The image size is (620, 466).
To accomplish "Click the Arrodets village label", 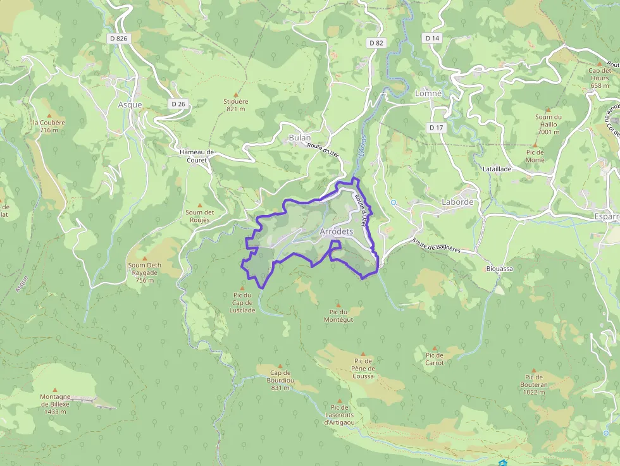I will pyautogui.click(x=336, y=232).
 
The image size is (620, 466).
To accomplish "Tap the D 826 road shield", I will pyautogui.click(x=118, y=39).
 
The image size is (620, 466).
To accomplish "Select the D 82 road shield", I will pyautogui.click(x=376, y=43).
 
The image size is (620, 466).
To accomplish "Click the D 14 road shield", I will pyautogui.click(x=432, y=39).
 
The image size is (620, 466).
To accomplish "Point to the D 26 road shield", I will pyautogui.click(x=178, y=104).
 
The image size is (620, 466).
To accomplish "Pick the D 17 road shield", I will pyautogui.click(x=436, y=128).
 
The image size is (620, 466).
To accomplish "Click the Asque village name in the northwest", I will pyautogui.click(x=130, y=105).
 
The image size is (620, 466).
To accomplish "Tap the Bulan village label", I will pyautogui.click(x=299, y=138).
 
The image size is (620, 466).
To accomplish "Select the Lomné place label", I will pyautogui.click(x=428, y=93).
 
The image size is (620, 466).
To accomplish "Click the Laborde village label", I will pyautogui.click(x=457, y=202).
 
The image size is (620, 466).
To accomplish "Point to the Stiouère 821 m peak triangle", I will pyautogui.click(x=237, y=93).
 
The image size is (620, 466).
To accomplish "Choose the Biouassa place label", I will pyautogui.click(x=499, y=269).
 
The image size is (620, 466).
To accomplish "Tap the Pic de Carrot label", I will pyautogui.click(x=435, y=359).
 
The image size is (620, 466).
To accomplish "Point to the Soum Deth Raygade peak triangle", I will pyautogui.click(x=145, y=259).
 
